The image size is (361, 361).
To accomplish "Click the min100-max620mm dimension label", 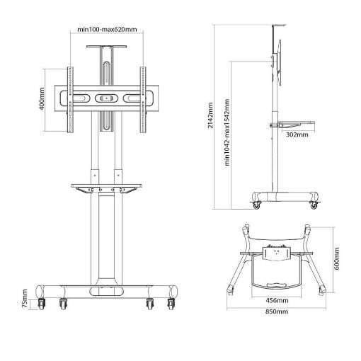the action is (107, 30).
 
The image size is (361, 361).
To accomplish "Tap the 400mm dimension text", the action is (42, 98).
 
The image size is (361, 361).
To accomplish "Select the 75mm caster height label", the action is (25, 299).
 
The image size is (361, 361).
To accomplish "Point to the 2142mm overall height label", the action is (210, 115).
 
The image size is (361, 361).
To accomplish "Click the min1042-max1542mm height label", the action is (227, 132).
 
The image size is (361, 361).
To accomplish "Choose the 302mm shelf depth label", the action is (297, 134).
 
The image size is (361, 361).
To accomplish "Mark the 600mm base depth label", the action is (337, 258).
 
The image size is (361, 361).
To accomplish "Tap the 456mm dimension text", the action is (277, 301).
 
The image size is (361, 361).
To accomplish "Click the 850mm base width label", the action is (277, 311).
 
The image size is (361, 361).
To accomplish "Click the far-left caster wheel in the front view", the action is (41, 304).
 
